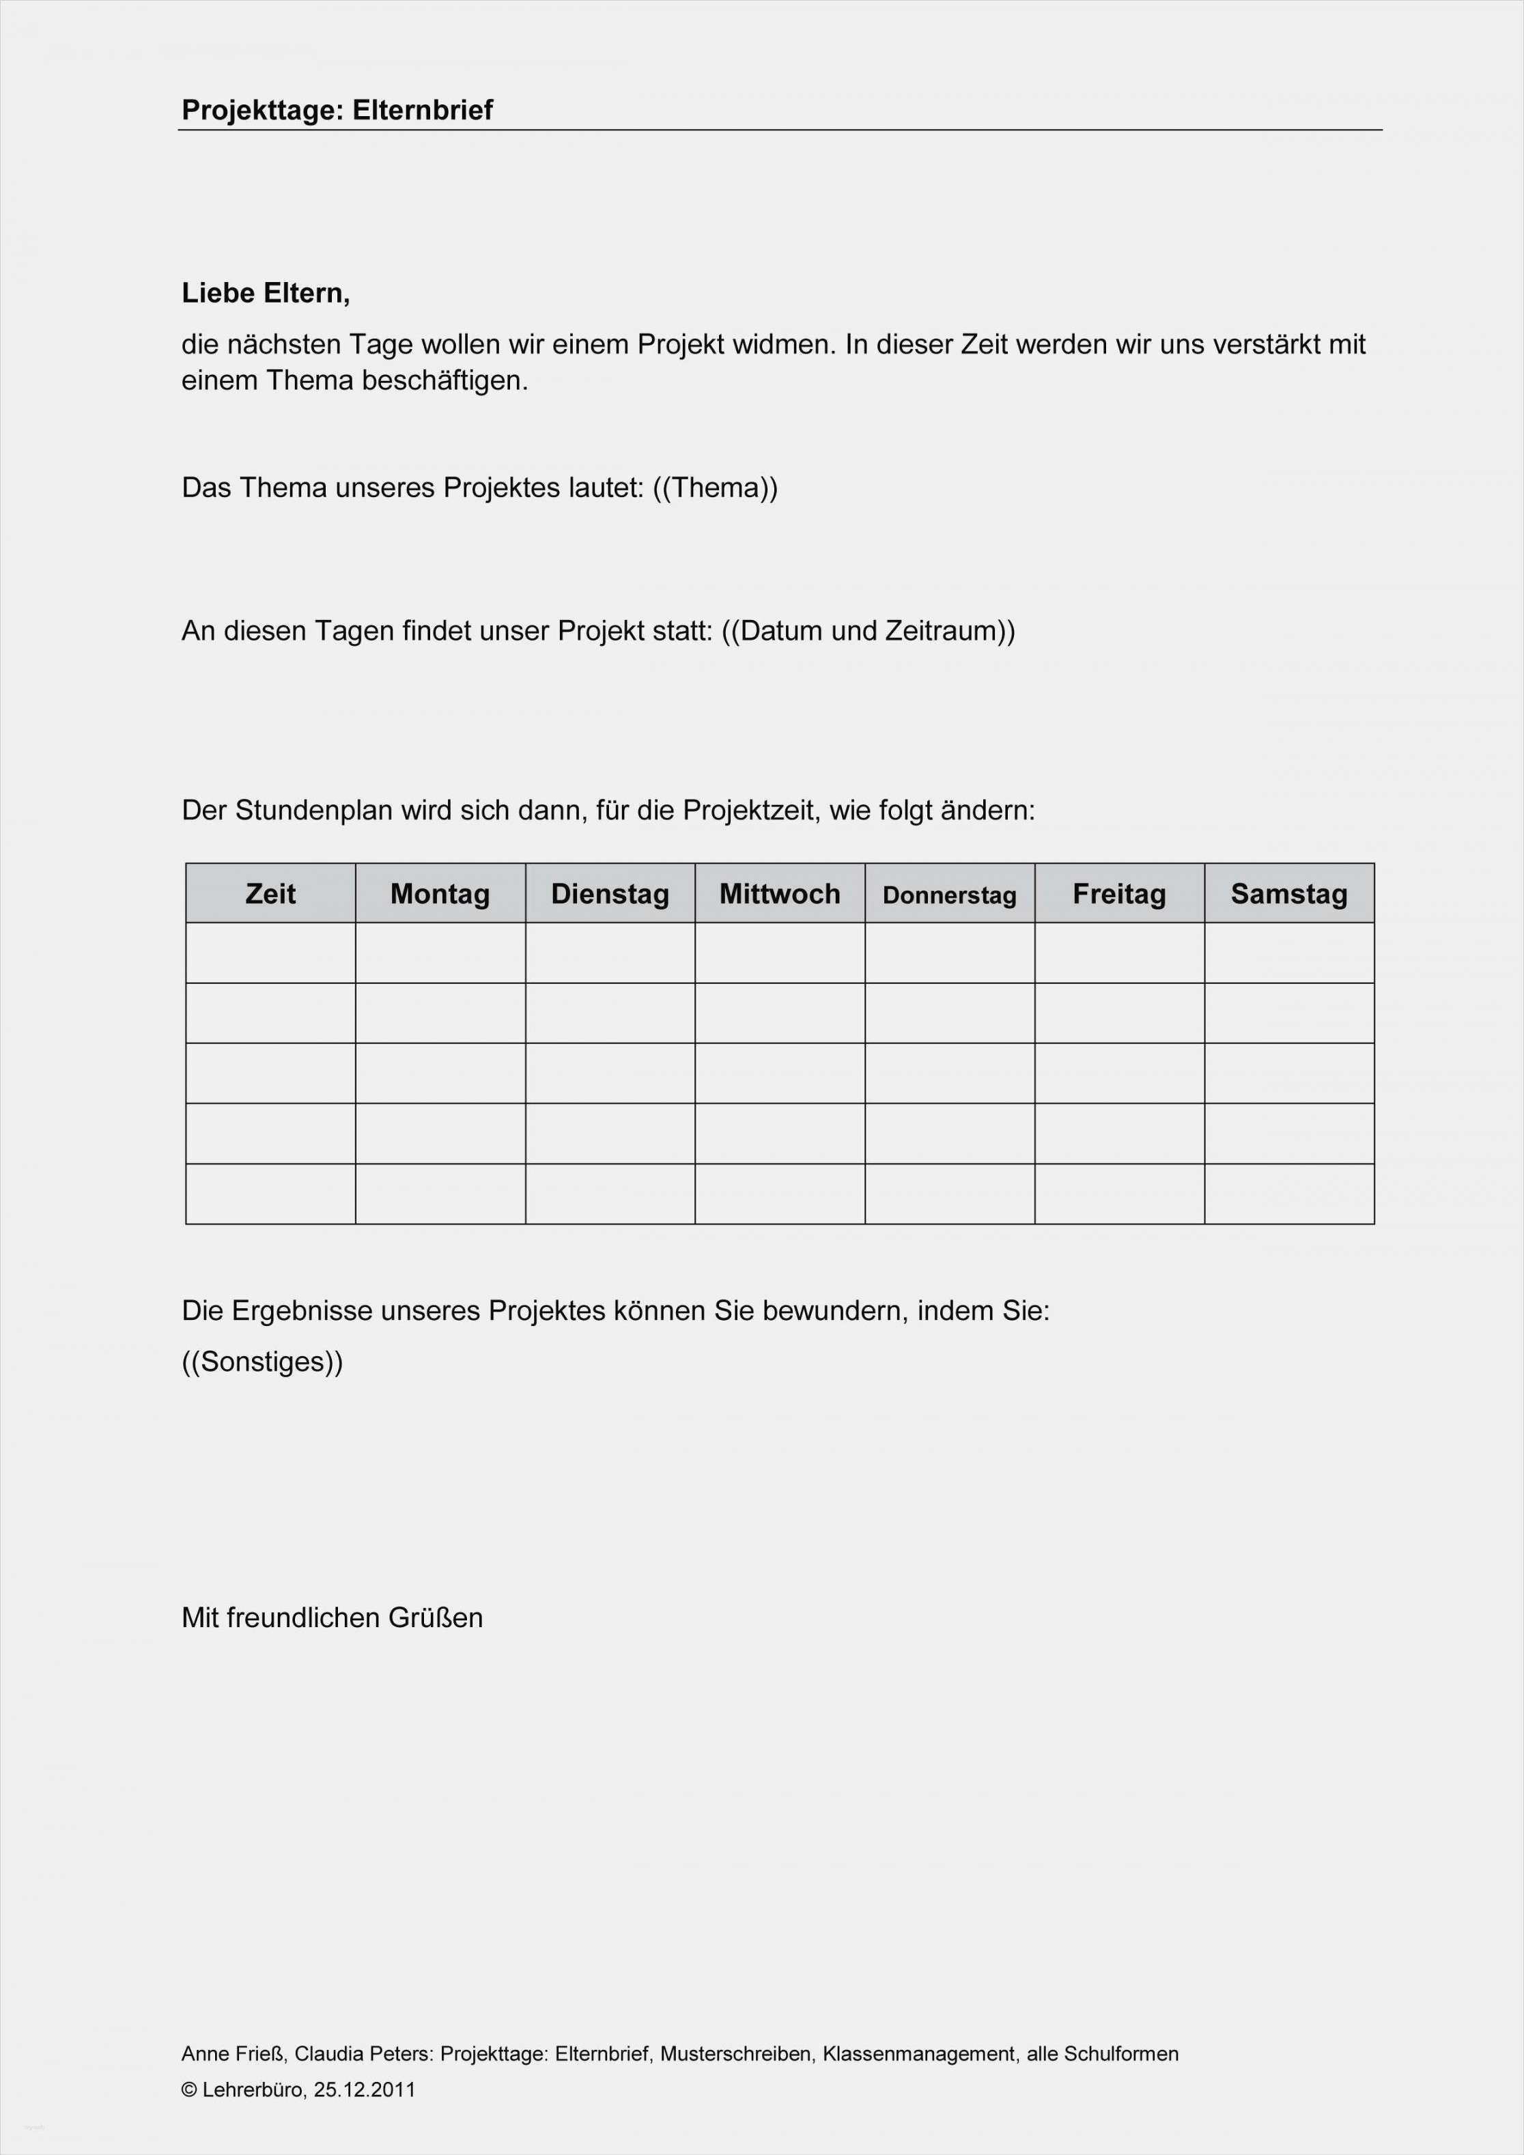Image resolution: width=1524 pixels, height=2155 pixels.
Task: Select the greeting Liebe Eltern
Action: pos(266,294)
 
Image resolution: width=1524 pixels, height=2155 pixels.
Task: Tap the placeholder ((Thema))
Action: pos(715,488)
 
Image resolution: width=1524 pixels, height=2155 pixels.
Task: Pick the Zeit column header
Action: pos(270,894)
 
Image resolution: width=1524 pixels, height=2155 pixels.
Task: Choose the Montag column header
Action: pos(440,894)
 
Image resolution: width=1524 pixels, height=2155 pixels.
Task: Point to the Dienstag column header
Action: pos(610,894)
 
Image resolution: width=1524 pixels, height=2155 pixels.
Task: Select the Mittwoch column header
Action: pos(780,894)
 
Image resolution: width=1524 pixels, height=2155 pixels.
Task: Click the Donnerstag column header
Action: pos(950,895)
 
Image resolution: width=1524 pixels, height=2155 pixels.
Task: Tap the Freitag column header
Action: pos(1120,894)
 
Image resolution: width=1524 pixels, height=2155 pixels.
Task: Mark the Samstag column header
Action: pos(1289,894)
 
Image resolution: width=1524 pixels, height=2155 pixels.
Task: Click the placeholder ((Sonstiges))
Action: pos(263,1362)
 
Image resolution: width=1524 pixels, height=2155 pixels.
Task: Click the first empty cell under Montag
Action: pos(440,953)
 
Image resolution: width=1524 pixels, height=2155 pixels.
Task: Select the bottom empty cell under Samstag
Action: pos(1289,1194)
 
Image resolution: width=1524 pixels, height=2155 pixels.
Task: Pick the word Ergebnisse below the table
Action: pos(302,1311)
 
